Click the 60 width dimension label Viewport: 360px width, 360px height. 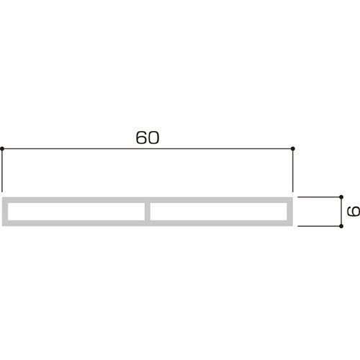148,138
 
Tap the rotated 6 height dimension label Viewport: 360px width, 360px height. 354,211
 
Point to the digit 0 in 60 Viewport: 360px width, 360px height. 153,138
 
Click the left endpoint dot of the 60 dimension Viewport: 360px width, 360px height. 2,149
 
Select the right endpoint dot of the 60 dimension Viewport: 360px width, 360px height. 292,149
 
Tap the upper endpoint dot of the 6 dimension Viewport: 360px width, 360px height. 341,197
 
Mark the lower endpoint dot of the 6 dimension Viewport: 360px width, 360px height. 341,226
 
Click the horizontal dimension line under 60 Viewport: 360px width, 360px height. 148,149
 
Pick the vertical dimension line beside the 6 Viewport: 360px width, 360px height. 341,212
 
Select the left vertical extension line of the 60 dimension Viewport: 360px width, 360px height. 2,171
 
